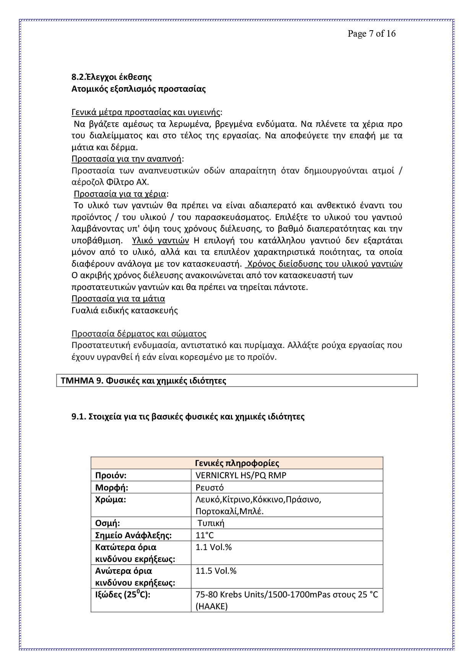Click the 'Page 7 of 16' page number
coord(371,34)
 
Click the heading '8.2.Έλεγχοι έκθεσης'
coord(111,77)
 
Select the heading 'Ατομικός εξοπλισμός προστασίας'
coord(138,89)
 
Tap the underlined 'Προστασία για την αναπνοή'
coord(127,159)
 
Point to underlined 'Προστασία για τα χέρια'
coord(120,194)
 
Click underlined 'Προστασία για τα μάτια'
coord(118,298)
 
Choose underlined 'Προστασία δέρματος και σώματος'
coord(139,333)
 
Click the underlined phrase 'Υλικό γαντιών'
coord(161,241)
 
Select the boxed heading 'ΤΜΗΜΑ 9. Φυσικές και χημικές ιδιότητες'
coord(143,380)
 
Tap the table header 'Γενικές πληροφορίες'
coord(237,463)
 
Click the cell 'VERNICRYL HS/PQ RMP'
coord(241,475)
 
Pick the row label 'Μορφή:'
coord(112,487)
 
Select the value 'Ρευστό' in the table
coord(209,487)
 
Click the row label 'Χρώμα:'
coord(110,500)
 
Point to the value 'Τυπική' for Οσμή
coord(211,523)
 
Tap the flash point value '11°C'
coord(205,535)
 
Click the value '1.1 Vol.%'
coord(214,547)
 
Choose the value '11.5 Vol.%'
coord(216,571)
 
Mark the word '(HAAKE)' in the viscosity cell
coord(211,606)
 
